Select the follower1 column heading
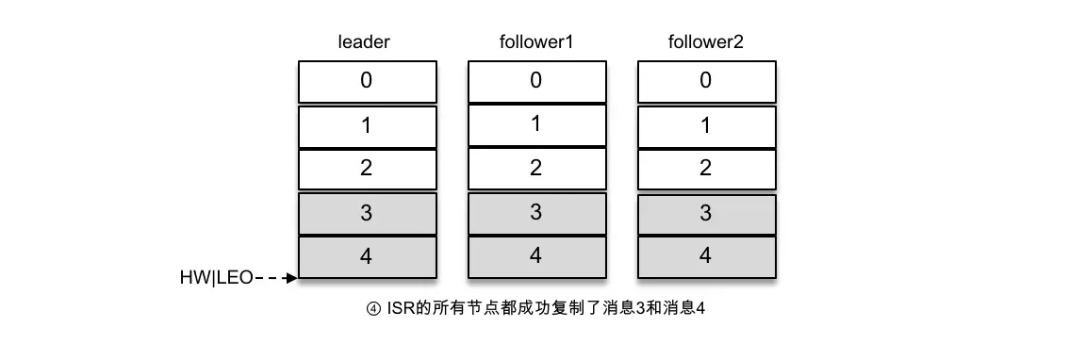coord(535,42)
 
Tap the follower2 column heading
coord(705,42)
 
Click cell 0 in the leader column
coord(367,81)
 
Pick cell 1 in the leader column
coord(367,125)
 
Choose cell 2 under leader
coord(367,169)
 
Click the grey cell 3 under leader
coord(367,213)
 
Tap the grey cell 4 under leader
coord(367,256)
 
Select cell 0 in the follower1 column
coord(535,81)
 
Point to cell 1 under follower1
coord(535,124)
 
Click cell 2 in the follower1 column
coord(535,169)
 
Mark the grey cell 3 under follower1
coord(535,213)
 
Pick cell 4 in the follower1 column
coord(535,256)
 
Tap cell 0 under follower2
coord(705,81)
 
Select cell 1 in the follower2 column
coord(705,125)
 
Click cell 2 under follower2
coord(705,169)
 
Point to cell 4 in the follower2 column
coord(705,256)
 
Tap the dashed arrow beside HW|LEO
coord(277,278)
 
